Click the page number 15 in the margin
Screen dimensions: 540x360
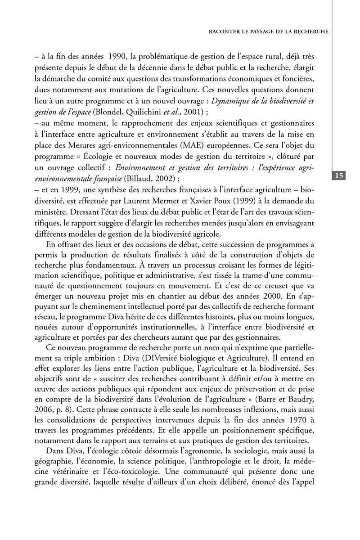coord(339,175)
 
